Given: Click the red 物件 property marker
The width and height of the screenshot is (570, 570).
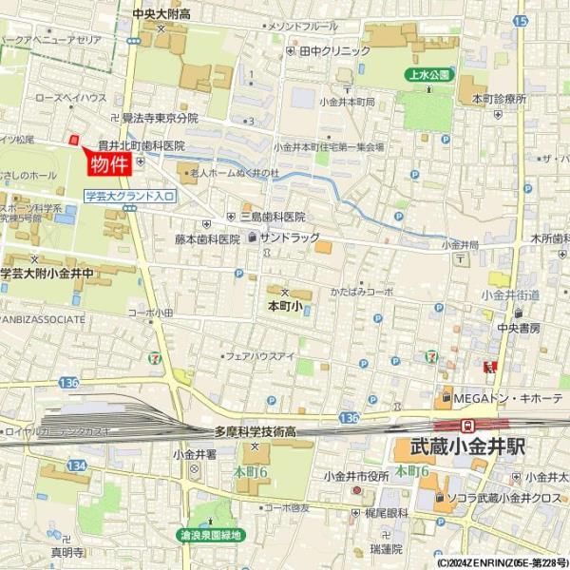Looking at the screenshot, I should pos(109,164).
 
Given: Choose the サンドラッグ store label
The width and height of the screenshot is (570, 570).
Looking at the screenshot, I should pos(289,237).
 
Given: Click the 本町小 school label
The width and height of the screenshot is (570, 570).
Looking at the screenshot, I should pos(284,307).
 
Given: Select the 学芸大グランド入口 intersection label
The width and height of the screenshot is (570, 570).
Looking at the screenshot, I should pos(129,197).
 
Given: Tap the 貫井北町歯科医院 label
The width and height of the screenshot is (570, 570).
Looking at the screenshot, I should pos(142,146).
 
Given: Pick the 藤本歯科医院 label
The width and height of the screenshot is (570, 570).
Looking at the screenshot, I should pos(206,239).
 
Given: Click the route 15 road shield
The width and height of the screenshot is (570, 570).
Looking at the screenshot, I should pos(520,19).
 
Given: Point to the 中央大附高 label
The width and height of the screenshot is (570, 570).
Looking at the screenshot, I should pos(161,13).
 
